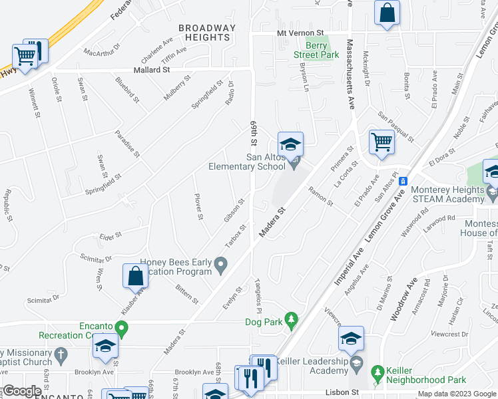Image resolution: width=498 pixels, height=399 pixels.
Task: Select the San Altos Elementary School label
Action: (x=247, y=162)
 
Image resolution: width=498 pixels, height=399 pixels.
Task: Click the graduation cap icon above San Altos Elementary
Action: (x=290, y=144)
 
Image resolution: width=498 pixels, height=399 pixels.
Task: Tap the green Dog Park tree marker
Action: (x=291, y=321)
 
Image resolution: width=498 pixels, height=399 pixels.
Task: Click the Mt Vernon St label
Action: (x=301, y=33)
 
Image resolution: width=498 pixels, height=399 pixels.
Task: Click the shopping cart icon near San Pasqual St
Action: (x=381, y=141)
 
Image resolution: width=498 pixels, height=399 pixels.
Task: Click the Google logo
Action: (x=22, y=392)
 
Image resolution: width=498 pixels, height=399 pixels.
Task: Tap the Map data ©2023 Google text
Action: (x=457, y=394)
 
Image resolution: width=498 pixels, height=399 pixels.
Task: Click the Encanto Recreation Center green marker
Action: (x=121, y=327)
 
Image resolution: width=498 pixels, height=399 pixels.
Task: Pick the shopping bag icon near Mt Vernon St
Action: (x=387, y=13)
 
